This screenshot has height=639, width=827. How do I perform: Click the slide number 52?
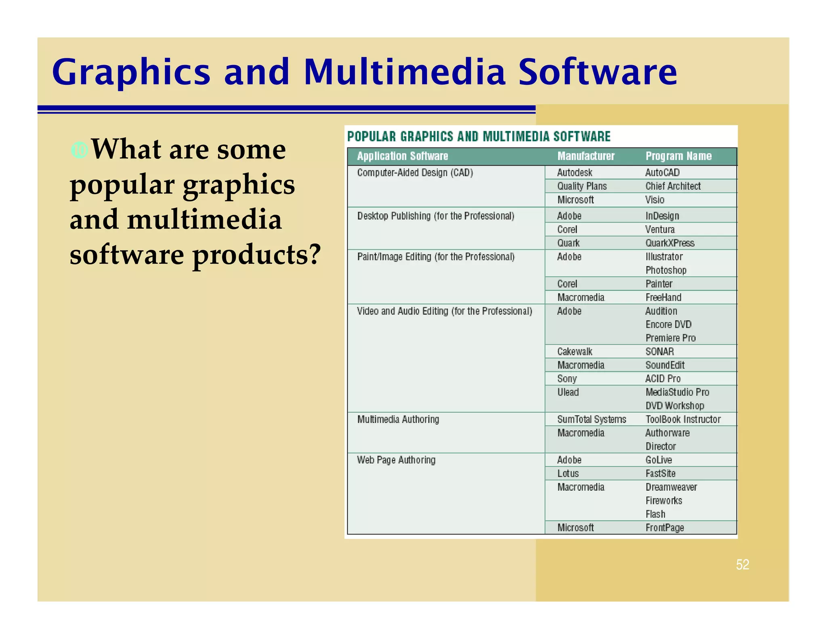click(x=742, y=564)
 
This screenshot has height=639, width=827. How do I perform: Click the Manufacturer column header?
click(x=586, y=156)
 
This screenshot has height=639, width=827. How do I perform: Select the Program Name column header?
click(x=678, y=156)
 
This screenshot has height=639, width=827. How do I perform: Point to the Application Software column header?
click(x=402, y=156)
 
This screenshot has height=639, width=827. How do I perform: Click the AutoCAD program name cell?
click(x=662, y=173)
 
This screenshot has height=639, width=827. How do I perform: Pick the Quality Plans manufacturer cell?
click(x=581, y=186)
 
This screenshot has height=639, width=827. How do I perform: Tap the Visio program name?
click(x=655, y=200)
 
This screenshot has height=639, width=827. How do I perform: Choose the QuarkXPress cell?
click(x=670, y=243)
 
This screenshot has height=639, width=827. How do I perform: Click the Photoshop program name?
click(x=666, y=270)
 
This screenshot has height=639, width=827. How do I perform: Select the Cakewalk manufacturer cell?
click(x=575, y=352)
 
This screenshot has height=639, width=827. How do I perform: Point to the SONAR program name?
click(x=659, y=352)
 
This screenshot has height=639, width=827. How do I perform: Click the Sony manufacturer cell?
click(x=567, y=379)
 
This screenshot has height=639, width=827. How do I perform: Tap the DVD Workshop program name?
click(x=674, y=406)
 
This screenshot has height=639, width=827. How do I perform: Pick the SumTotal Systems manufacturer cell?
click(x=592, y=420)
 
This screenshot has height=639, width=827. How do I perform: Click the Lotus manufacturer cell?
click(x=568, y=474)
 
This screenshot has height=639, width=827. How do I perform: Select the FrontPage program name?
click(x=665, y=528)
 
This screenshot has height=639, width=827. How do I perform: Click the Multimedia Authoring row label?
click(x=398, y=420)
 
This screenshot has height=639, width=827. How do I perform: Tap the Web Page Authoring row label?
click(x=396, y=460)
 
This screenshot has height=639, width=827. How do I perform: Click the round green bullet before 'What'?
click(x=79, y=150)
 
